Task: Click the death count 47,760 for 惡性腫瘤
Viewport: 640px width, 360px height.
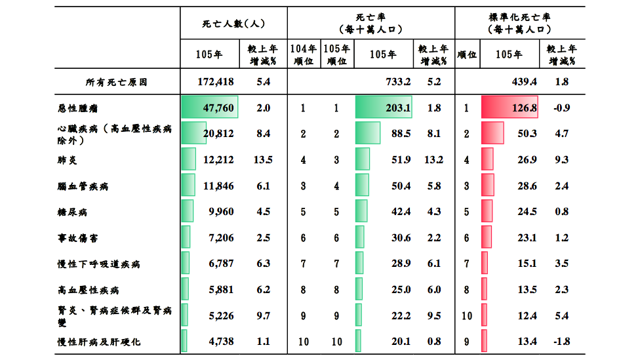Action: tap(218, 108)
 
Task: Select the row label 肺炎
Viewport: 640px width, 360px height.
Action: tap(68, 160)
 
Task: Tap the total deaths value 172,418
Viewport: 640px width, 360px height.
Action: tap(216, 81)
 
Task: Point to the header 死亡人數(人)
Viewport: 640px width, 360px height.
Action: tap(233, 24)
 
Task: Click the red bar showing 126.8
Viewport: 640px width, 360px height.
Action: tap(510, 108)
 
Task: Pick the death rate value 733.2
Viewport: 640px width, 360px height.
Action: tap(398, 81)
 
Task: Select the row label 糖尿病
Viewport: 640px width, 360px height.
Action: tap(72, 212)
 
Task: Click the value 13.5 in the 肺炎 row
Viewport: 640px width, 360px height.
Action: tap(263, 159)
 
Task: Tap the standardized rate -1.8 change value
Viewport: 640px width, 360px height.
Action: tap(561, 341)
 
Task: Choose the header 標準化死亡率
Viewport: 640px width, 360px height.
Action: tap(519, 17)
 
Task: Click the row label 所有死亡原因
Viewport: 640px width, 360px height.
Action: tap(116, 82)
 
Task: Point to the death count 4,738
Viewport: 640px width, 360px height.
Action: tap(221, 341)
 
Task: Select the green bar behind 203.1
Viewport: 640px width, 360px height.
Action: tap(383, 108)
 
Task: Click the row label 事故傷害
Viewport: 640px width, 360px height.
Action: tap(77, 239)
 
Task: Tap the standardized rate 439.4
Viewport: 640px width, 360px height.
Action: tap(524, 81)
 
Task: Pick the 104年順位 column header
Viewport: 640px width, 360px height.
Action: tap(303, 54)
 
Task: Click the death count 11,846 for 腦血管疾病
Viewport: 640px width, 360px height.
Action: tap(218, 186)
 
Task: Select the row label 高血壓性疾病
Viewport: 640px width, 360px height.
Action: tap(88, 290)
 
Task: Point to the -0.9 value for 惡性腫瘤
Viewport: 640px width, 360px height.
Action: tap(561, 108)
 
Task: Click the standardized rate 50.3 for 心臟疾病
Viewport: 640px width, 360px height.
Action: tap(527, 134)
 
